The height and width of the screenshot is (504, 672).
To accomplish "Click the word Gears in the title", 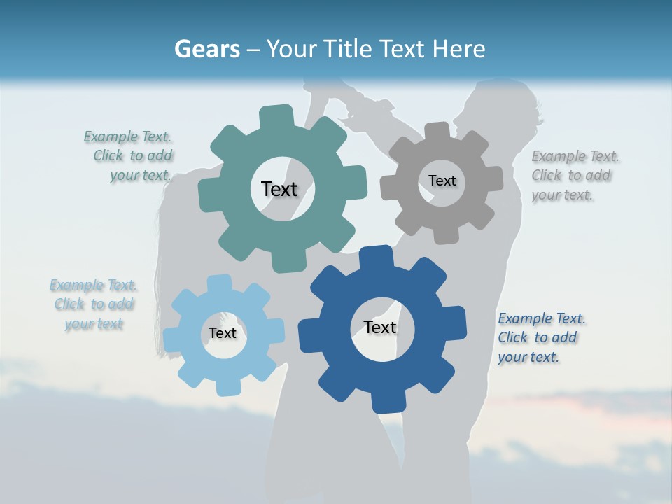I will pos(206,49).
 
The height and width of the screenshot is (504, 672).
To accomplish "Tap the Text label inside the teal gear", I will pos(279,189).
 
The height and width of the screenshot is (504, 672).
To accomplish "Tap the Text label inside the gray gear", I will pos(442,181).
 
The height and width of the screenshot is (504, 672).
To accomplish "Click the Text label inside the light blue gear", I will pos(222,333).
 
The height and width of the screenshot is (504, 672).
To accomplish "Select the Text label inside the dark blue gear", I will pos(380,327).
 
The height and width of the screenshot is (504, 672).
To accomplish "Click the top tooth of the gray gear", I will pos(438,131).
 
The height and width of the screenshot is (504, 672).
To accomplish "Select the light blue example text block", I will pos(93,304).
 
